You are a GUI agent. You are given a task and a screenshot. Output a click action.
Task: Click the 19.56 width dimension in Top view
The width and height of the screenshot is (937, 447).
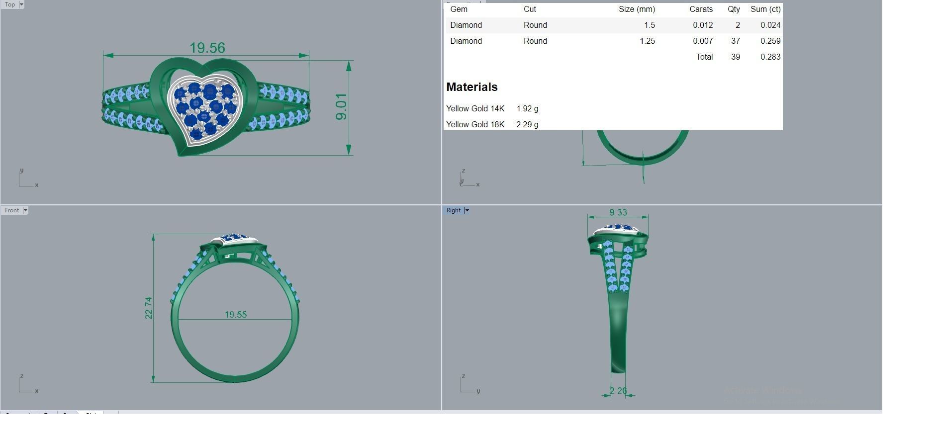coord(207,48)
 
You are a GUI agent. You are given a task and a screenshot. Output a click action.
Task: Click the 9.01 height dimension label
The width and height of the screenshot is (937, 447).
coord(341,106)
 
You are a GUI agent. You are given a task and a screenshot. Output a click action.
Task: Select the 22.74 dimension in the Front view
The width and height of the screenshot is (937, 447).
coord(149,308)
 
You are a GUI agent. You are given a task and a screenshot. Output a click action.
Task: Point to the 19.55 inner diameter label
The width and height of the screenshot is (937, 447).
coord(235,315)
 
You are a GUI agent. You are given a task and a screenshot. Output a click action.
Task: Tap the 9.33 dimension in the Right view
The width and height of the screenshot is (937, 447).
coord(618,212)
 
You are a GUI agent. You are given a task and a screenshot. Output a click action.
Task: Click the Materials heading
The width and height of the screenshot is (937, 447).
coord(471,87)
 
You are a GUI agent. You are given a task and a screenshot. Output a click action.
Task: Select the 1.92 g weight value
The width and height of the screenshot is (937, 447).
coord(527,108)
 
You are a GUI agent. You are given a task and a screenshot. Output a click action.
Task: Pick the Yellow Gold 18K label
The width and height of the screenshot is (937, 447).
coord(475,124)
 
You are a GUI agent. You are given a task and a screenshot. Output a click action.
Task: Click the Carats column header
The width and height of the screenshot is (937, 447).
coord(700,9)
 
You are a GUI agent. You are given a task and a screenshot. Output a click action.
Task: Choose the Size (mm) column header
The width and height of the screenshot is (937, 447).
coord(637,9)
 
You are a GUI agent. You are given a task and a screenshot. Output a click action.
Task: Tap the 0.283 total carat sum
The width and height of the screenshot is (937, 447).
coord(770,57)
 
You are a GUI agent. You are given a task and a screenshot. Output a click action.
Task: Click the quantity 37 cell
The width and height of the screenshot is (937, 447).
coord(735,41)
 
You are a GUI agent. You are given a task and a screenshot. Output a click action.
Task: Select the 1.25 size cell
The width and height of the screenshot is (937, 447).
coord(647,41)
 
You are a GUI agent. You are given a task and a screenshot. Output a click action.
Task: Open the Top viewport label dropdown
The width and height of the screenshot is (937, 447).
coord(21,4)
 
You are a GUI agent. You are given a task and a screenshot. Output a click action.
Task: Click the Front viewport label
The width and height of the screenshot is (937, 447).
coord(12,210)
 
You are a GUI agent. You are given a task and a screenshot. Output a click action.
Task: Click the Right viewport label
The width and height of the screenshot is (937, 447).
coord(453,210)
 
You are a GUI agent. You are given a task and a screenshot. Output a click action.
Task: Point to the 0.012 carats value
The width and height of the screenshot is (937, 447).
coord(702,25)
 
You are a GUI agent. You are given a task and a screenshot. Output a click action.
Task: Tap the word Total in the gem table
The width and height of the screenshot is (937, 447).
coord(704,57)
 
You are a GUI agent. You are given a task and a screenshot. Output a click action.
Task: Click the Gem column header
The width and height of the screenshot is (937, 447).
coord(459,9)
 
